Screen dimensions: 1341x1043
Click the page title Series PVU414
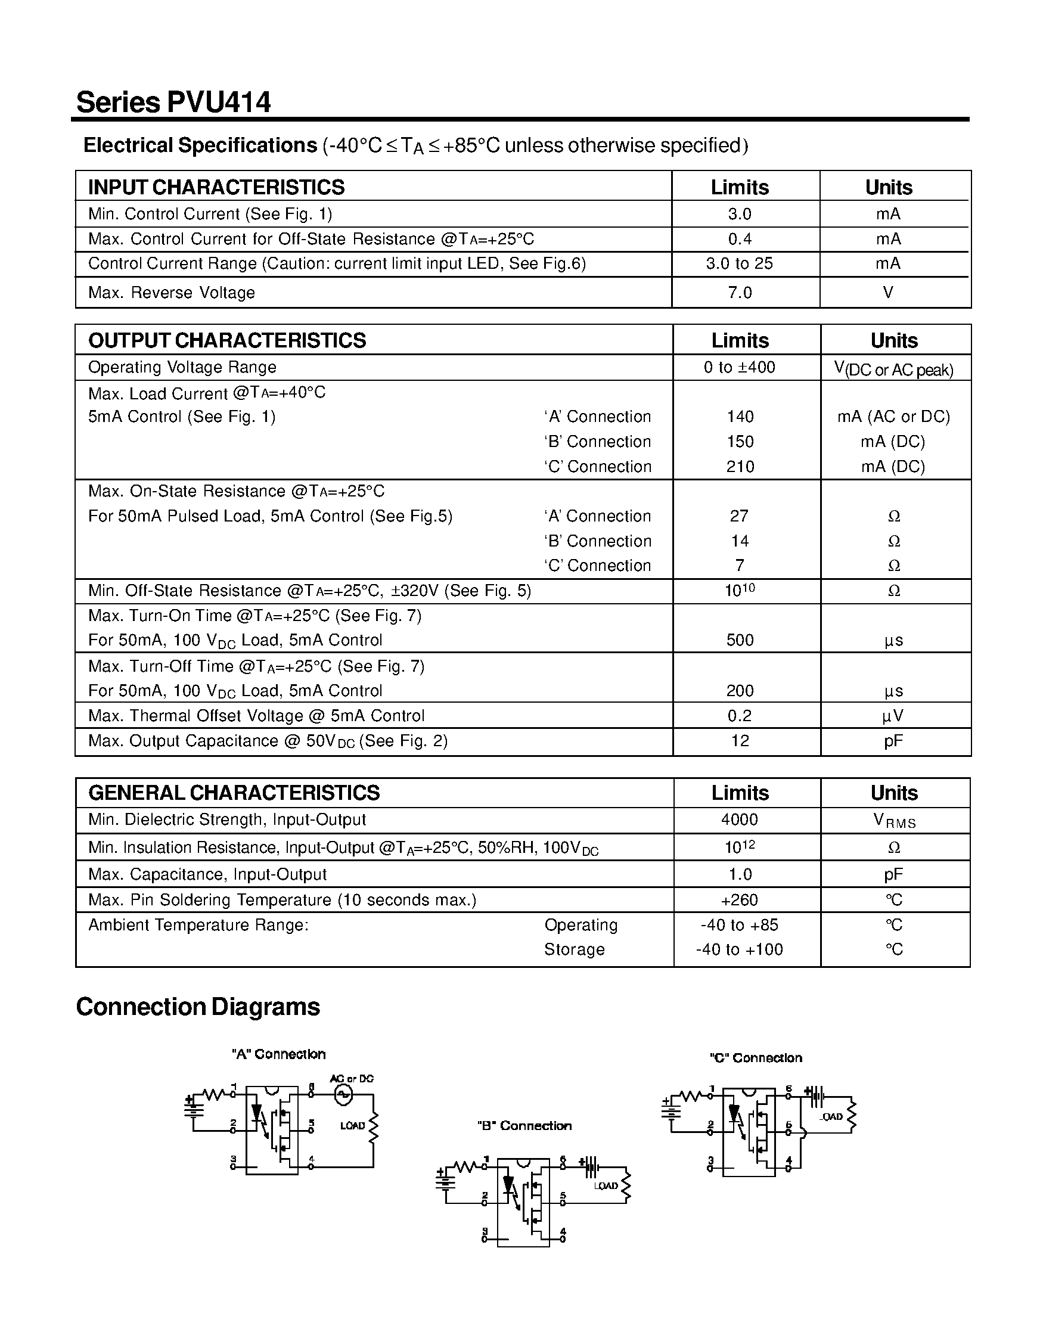pyautogui.click(x=173, y=102)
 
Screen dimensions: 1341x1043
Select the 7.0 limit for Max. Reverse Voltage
pyautogui.click(x=739, y=292)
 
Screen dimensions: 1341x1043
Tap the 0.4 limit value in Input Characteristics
pyautogui.click(x=739, y=239)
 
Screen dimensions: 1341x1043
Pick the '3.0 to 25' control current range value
pyautogui.click(x=739, y=263)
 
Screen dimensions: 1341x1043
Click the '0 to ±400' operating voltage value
pyautogui.click(x=739, y=367)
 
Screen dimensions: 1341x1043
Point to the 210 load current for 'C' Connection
pyautogui.click(x=740, y=467)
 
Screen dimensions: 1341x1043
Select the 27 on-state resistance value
pyautogui.click(x=739, y=516)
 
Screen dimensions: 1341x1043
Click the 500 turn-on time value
pyautogui.click(x=740, y=640)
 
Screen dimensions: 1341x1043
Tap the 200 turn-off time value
pyautogui.click(x=740, y=691)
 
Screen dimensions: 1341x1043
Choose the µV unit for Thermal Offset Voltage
pyautogui.click(x=893, y=716)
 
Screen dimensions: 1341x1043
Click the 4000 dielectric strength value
pyautogui.click(x=739, y=819)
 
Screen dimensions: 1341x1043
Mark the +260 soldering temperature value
pyautogui.click(x=739, y=899)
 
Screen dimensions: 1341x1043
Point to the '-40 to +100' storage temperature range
pyautogui.click(x=739, y=949)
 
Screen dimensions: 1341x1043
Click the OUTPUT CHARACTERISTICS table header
pyautogui.click(x=227, y=340)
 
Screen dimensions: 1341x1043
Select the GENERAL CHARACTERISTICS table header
pyautogui.click(x=234, y=793)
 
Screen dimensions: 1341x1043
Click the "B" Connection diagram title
pyautogui.click(x=524, y=1125)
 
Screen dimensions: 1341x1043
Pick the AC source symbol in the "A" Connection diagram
pyautogui.click(x=343, y=1094)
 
